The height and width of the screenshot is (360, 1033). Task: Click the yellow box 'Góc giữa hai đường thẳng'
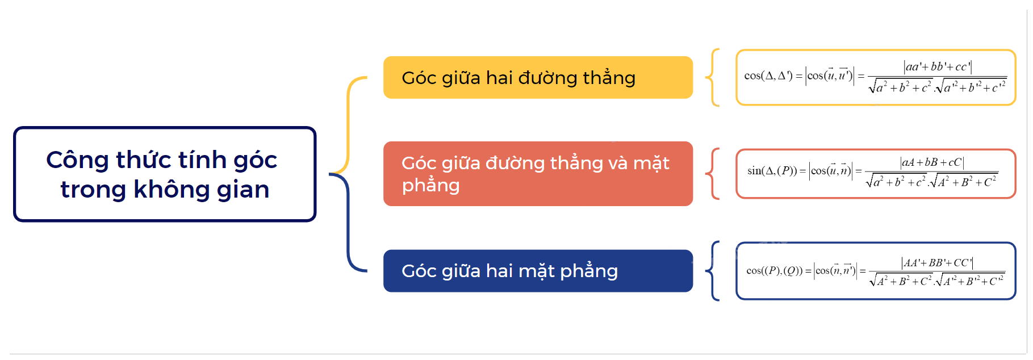tap(537, 77)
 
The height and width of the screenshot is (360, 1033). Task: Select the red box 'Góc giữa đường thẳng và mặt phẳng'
tap(537, 174)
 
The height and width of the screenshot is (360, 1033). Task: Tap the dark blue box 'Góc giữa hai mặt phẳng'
tap(537, 271)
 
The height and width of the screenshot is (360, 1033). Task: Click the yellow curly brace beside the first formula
tap(712, 77)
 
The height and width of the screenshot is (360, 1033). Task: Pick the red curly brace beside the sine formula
tap(712, 174)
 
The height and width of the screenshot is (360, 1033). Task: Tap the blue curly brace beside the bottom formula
tap(712, 271)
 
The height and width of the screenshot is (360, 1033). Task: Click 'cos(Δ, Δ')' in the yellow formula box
tap(768, 76)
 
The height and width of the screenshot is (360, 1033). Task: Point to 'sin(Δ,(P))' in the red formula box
tap(772, 171)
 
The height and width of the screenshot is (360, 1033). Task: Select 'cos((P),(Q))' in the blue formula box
tap(774, 271)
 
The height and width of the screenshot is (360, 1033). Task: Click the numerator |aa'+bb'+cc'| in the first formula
tap(937, 67)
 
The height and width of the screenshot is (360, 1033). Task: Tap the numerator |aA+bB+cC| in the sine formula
tap(932, 162)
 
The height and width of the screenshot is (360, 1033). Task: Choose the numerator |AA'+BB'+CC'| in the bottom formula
tap(937, 262)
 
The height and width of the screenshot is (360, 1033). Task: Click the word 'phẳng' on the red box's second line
tap(430, 186)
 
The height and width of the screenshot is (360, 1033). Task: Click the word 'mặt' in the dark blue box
tap(537, 271)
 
